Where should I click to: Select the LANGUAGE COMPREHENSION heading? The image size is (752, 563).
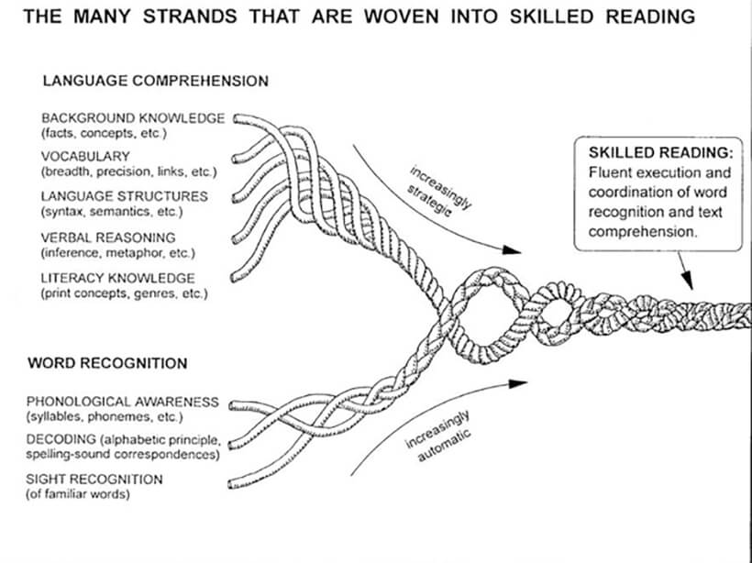(x=155, y=81)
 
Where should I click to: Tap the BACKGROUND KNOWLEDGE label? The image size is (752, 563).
(x=132, y=118)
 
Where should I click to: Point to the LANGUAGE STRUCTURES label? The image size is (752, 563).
(x=124, y=196)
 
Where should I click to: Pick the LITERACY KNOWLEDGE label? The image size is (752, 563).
(x=117, y=278)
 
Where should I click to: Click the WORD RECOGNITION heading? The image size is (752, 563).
(x=107, y=363)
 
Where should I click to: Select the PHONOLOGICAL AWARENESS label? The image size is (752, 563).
(x=122, y=402)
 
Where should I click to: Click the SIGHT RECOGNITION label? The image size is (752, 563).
(x=94, y=480)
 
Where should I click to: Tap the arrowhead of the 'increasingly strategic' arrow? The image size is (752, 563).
(x=514, y=248)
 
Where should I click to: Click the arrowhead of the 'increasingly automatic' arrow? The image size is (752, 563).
(x=522, y=382)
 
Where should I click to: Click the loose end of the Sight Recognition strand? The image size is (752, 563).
(x=233, y=480)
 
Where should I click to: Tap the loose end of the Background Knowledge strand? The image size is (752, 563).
(x=237, y=118)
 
